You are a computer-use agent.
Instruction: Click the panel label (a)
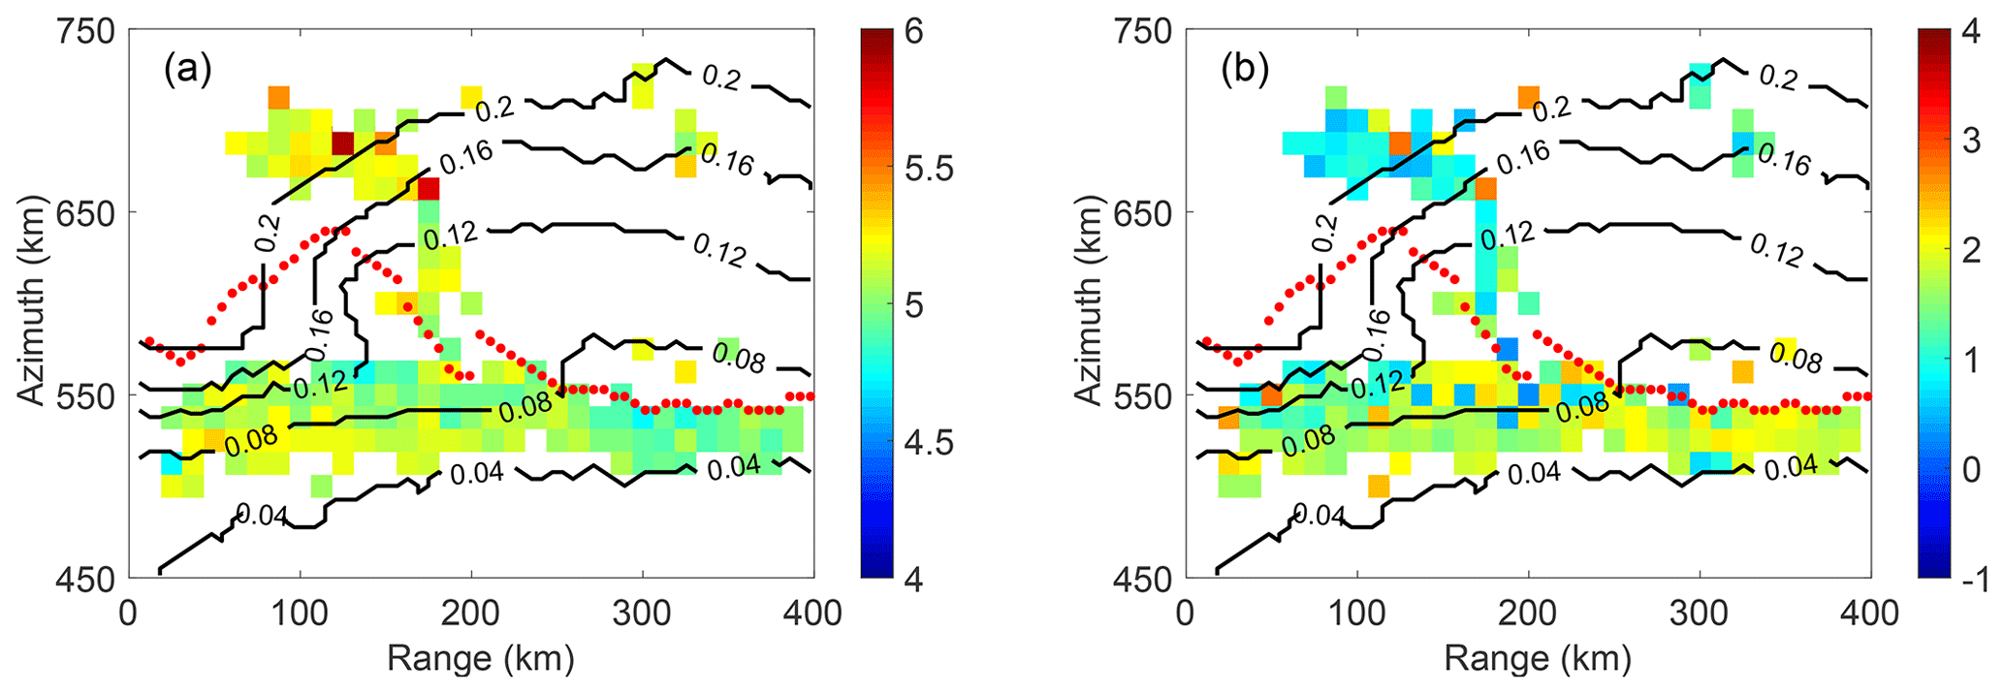pos(187,71)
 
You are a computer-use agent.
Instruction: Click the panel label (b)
pos(1244,71)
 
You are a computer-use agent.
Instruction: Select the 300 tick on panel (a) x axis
pos(643,613)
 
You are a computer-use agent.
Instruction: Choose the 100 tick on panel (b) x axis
pos(1356,613)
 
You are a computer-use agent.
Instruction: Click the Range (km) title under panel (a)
pos(480,659)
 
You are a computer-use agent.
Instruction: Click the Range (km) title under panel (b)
pos(1537,659)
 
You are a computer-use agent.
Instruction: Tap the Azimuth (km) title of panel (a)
pos(31,305)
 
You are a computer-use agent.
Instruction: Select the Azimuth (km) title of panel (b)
pos(1089,305)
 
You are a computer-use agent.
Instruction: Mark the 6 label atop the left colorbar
pos(912,32)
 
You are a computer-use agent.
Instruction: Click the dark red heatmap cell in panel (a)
pos(342,142)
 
